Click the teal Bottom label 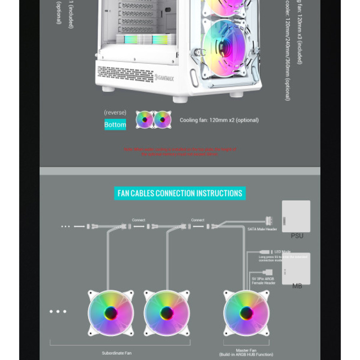115,125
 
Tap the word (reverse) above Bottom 115,113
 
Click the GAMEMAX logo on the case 164,78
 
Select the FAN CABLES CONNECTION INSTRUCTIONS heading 180,193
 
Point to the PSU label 297,236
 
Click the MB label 297,286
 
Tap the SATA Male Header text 262,229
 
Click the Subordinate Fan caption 117,353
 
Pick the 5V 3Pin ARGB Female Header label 264,281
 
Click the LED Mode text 283,252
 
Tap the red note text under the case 180,152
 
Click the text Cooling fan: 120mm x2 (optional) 219,120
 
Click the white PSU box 296,216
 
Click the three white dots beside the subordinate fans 58,311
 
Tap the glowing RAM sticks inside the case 146,40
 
